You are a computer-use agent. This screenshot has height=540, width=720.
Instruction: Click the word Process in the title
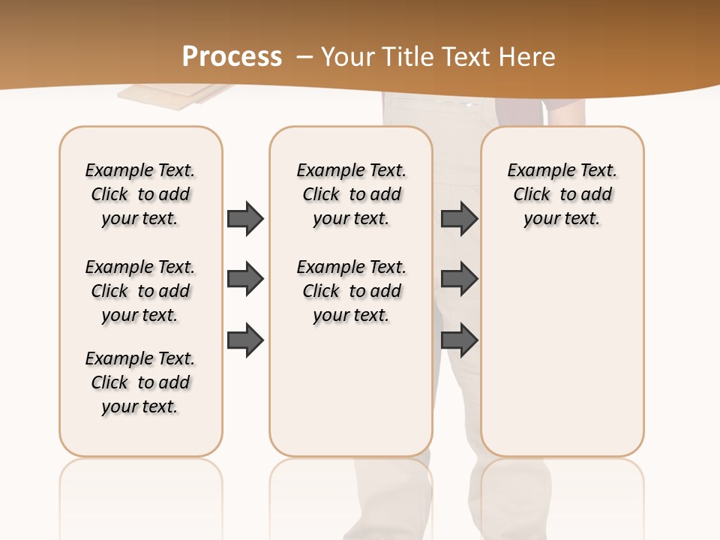[232, 57]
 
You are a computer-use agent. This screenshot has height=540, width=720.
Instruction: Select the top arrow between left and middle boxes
[245, 218]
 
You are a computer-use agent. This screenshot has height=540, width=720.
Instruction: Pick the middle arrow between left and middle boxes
[245, 279]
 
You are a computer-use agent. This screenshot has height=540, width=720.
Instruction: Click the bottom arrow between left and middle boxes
[245, 340]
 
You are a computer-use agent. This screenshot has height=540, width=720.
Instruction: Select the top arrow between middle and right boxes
[459, 218]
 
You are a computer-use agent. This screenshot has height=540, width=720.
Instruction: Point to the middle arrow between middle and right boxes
[459, 279]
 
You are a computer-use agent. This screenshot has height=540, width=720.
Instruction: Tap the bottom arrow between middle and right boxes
[459, 340]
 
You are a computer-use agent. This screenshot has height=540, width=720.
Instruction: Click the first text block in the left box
[140, 194]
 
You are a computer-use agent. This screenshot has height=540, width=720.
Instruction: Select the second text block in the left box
[140, 291]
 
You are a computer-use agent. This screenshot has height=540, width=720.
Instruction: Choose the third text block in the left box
[140, 382]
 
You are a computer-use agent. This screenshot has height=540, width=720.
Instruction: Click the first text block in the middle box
[352, 194]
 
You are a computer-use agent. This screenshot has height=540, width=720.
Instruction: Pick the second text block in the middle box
[352, 291]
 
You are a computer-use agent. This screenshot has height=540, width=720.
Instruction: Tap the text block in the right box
[562, 194]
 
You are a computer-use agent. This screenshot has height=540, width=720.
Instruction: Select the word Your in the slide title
[346, 57]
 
